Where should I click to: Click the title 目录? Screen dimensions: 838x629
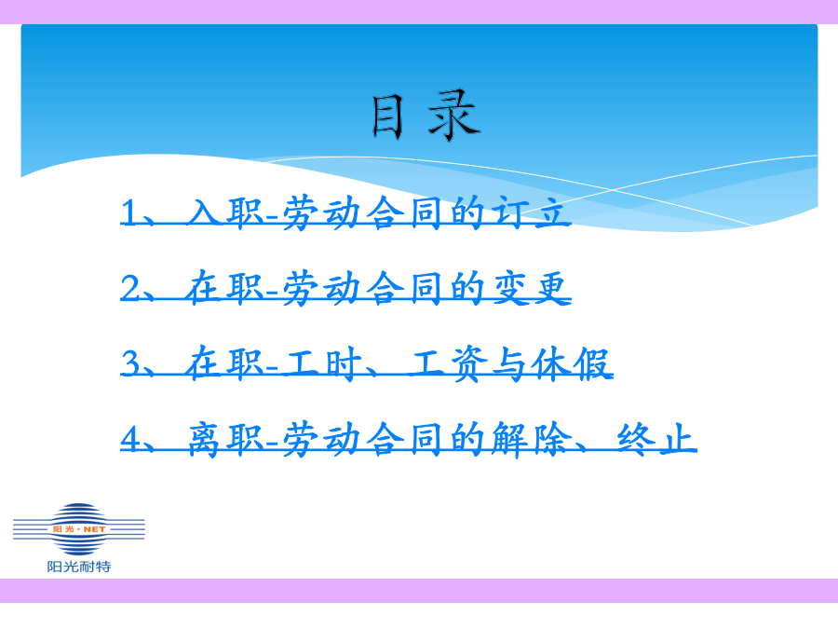426,116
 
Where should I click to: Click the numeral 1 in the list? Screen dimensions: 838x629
129,212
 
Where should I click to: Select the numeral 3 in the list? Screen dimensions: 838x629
130,362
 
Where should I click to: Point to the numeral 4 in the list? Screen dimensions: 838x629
130,439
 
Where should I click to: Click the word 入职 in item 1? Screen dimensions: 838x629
225,212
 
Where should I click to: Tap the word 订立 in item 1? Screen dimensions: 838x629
529,212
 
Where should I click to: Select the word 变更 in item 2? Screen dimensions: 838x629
529,288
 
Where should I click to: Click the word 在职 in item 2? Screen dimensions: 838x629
225,288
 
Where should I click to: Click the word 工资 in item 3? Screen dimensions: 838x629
447,363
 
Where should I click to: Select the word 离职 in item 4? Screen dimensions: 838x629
225,439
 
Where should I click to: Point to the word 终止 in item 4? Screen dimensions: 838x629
656,439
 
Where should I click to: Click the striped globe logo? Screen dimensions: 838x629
79,529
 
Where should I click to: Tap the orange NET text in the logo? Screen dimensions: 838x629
94,529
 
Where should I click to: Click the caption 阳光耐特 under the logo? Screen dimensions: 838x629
79,567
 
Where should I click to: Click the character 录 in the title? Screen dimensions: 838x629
454,116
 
